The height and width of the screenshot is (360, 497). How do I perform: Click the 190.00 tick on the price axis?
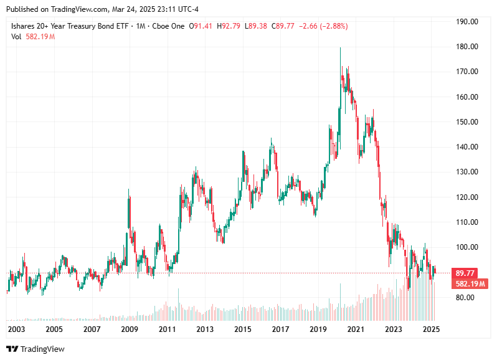click(467, 21)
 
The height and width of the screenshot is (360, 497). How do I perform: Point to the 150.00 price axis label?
click(467, 121)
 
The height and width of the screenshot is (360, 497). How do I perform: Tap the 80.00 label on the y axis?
click(466, 297)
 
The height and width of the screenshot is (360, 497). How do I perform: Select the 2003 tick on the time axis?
click(16, 329)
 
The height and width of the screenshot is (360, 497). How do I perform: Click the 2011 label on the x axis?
click(167, 329)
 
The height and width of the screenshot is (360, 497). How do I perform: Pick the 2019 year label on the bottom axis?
click(318, 329)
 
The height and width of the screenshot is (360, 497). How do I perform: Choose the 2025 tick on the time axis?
click(431, 329)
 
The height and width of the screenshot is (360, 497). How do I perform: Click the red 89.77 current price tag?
click(466, 273)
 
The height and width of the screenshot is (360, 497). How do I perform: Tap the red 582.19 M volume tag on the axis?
click(470, 283)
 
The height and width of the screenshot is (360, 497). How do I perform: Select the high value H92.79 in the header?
click(231, 26)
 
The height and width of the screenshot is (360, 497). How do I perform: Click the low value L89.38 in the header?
click(256, 26)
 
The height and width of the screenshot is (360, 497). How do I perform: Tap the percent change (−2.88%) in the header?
click(333, 26)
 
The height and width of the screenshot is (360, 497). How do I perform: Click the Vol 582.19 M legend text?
click(32, 37)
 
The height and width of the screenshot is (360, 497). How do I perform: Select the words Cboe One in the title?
click(171, 26)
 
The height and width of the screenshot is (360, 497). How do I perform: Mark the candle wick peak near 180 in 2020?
click(340, 48)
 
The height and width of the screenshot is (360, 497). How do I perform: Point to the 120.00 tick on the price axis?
click(467, 197)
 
